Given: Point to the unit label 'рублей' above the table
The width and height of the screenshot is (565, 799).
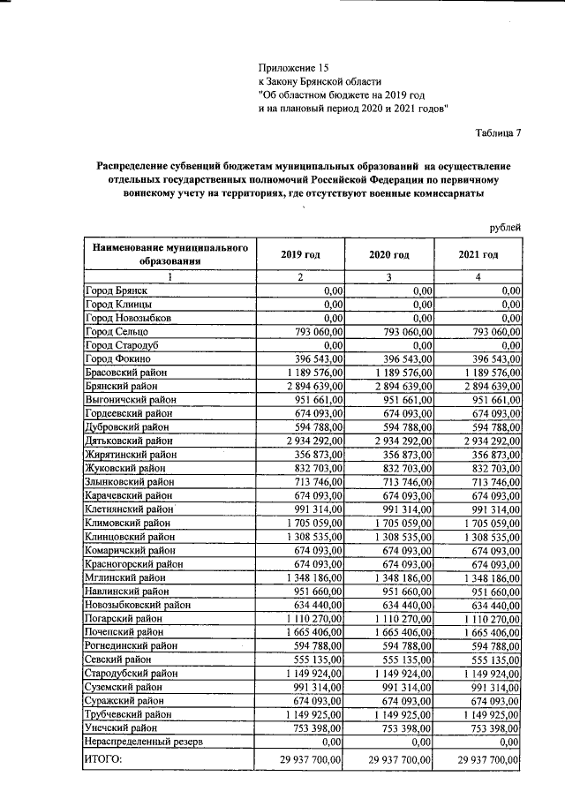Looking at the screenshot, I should pos(505,228).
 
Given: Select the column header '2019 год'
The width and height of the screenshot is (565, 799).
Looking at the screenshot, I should pos(300,254).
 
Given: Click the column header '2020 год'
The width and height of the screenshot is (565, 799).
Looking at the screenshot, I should pos(388,254).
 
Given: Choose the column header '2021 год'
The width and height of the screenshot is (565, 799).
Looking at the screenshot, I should pos(478,254).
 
